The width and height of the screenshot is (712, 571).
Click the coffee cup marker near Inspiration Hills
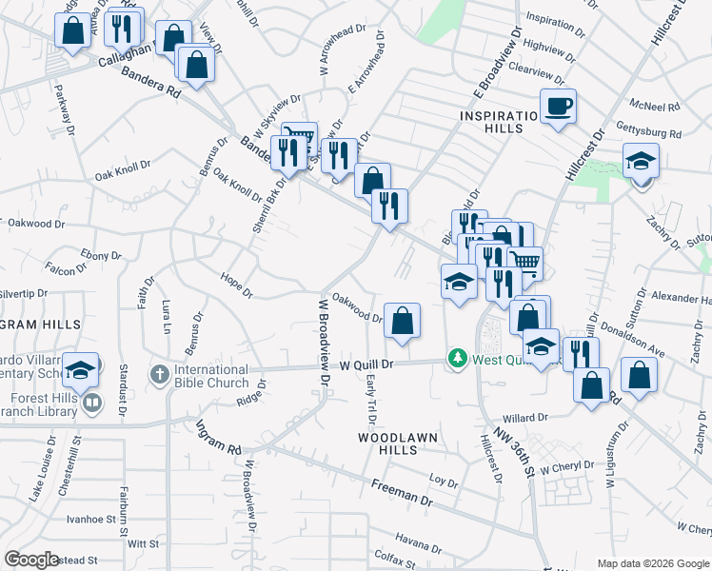tap(559, 107)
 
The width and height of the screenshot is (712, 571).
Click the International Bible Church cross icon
tap(159, 371)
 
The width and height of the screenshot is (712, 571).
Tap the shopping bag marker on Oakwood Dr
tap(403, 321)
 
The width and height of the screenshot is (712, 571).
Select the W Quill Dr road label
tap(366, 364)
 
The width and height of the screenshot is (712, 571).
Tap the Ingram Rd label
tap(220, 438)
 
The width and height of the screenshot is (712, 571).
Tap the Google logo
tap(32, 560)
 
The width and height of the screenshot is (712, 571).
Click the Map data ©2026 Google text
tap(652, 562)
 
